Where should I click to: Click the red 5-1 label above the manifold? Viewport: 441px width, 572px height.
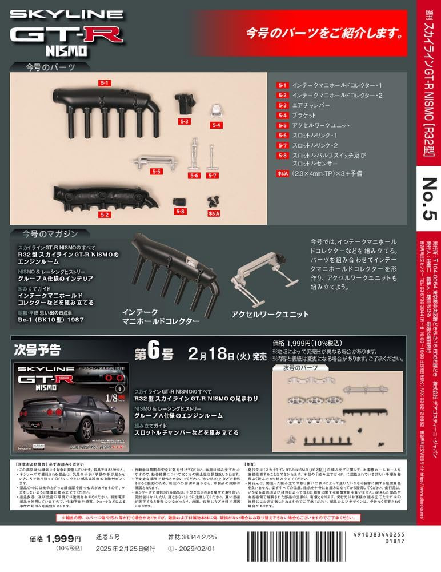click(x=104, y=83)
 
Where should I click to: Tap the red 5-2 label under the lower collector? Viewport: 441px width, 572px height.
click(x=104, y=214)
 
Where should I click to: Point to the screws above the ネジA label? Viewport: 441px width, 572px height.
click(x=214, y=200)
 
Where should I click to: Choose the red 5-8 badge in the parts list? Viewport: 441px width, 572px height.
click(x=282, y=155)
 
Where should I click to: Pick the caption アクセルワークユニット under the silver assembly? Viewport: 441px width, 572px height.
click(x=270, y=314)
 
